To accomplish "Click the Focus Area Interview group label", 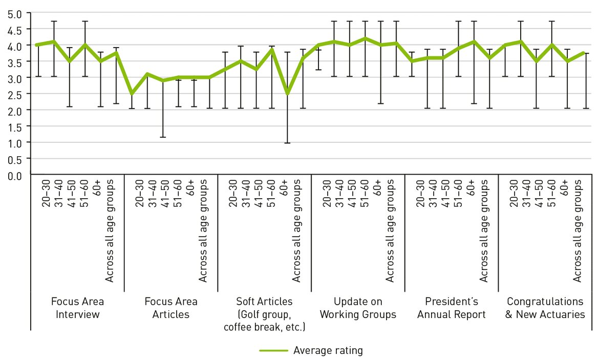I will (x=77, y=308).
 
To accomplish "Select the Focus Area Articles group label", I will (x=171, y=308).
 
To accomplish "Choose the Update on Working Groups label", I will (x=358, y=308).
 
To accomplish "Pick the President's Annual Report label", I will (x=451, y=308).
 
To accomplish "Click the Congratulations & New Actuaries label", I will (x=545, y=308).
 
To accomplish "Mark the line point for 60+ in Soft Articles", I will (x=288, y=94).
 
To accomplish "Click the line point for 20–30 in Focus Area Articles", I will (x=132, y=94).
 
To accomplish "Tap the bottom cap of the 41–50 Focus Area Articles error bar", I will (x=163, y=137).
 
